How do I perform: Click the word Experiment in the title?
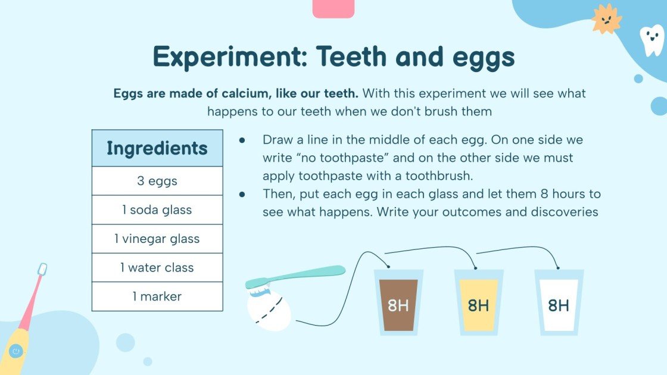click(229, 57)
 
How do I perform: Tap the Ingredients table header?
click(157, 148)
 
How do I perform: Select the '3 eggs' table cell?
click(157, 181)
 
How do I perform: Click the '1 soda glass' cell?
click(157, 210)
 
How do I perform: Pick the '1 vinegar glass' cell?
click(157, 239)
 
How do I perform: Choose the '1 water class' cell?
click(157, 268)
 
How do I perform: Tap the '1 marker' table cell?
click(157, 296)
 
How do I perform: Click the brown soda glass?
click(398, 303)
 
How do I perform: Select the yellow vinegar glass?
click(478, 303)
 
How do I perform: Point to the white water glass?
click(559, 303)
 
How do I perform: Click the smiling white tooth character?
click(651, 40)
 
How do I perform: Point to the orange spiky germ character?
click(606, 19)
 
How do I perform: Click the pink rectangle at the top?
click(333, 8)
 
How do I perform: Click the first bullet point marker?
click(242, 140)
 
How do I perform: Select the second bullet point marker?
click(242, 194)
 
